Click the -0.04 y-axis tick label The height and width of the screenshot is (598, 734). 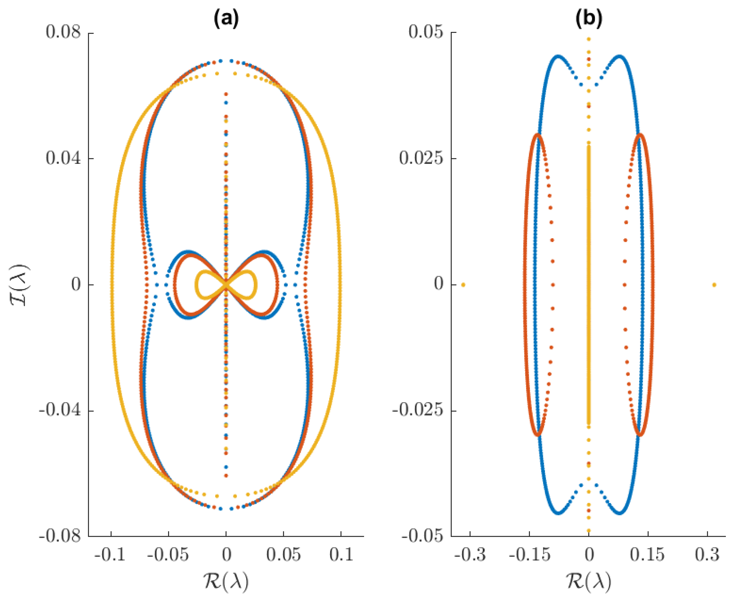pos(59,411)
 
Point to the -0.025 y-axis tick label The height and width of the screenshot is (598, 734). pos(417,411)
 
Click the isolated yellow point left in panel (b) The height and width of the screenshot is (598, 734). pos(463,284)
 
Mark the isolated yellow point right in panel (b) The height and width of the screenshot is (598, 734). pos(714,284)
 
